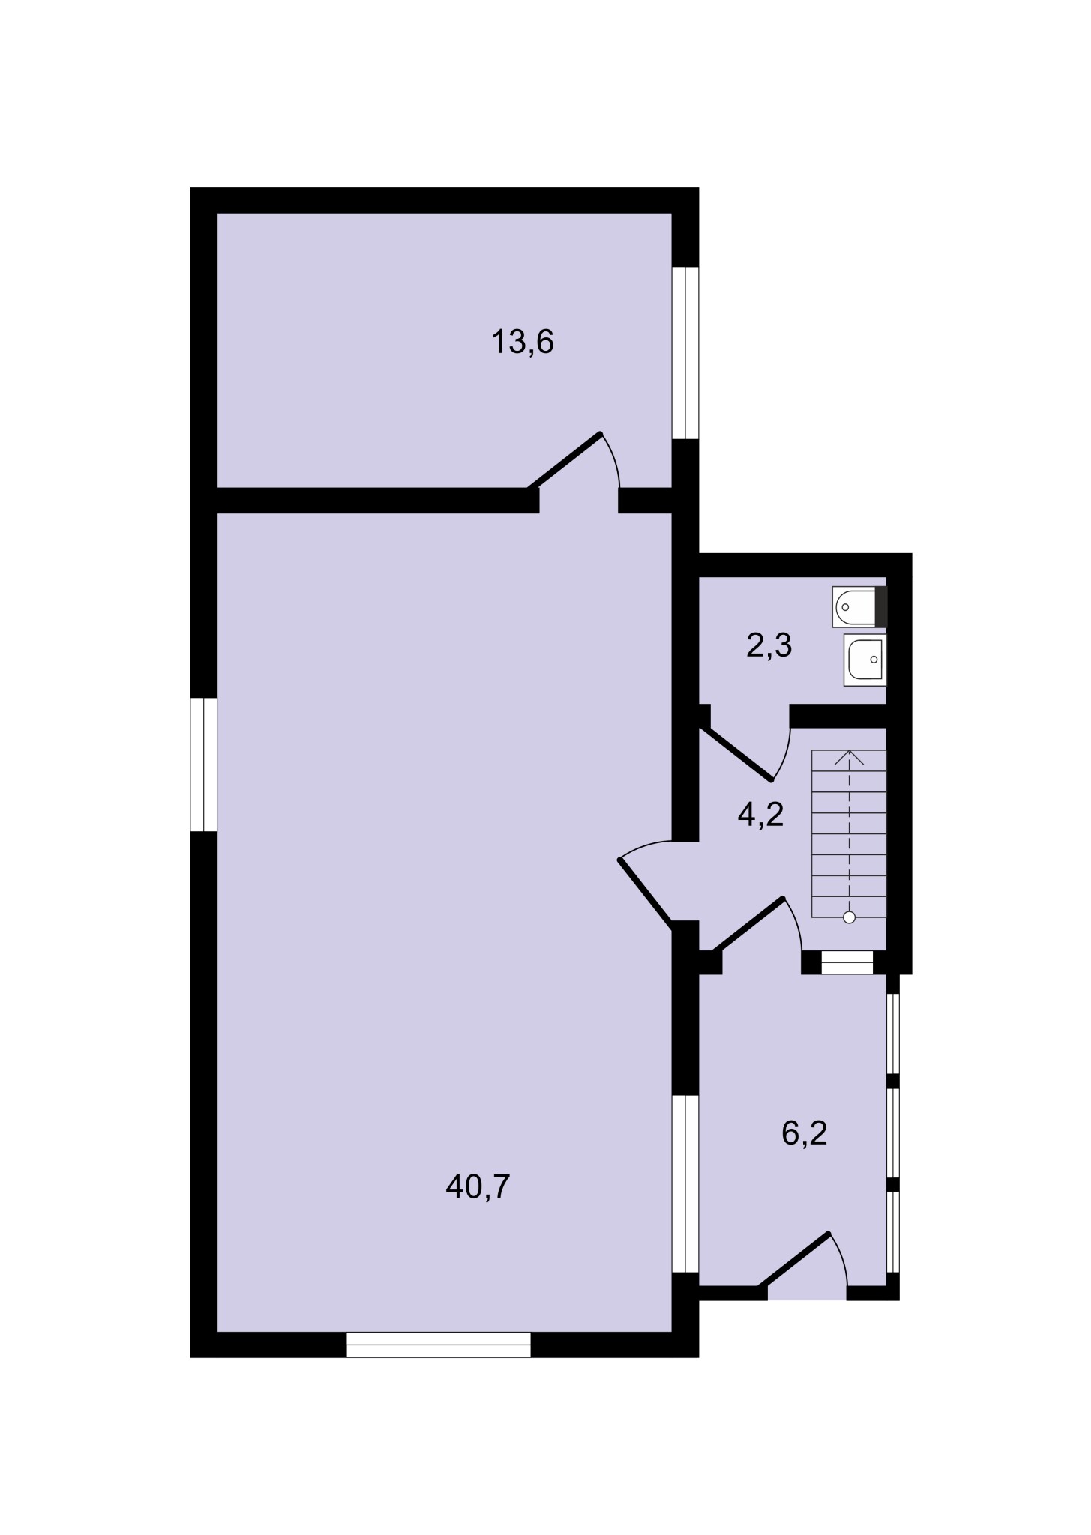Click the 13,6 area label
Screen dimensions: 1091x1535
[x=523, y=343]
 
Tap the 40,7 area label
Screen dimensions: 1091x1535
[x=478, y=1186]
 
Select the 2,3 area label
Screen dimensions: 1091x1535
[x=769, y=645]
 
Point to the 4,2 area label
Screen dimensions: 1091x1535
[x=760, y=813]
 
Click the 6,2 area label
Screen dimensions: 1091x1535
[x=804, y=1133]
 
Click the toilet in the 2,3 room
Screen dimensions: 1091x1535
[x=859, y=607]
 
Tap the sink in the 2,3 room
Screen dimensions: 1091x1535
[x=865, y=660]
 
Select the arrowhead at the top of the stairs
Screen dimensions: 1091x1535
[x=849, y=757]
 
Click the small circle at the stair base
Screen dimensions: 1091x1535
[x=849, y=917]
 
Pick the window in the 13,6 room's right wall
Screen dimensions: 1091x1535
[x=685, y=352]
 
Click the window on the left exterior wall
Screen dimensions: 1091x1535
[x=203, y=765]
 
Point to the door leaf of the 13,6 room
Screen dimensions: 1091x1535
[x=565, y=460]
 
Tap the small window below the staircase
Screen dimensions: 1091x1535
[x=847, y=962]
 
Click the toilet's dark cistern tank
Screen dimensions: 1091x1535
[x=881, y=607]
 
